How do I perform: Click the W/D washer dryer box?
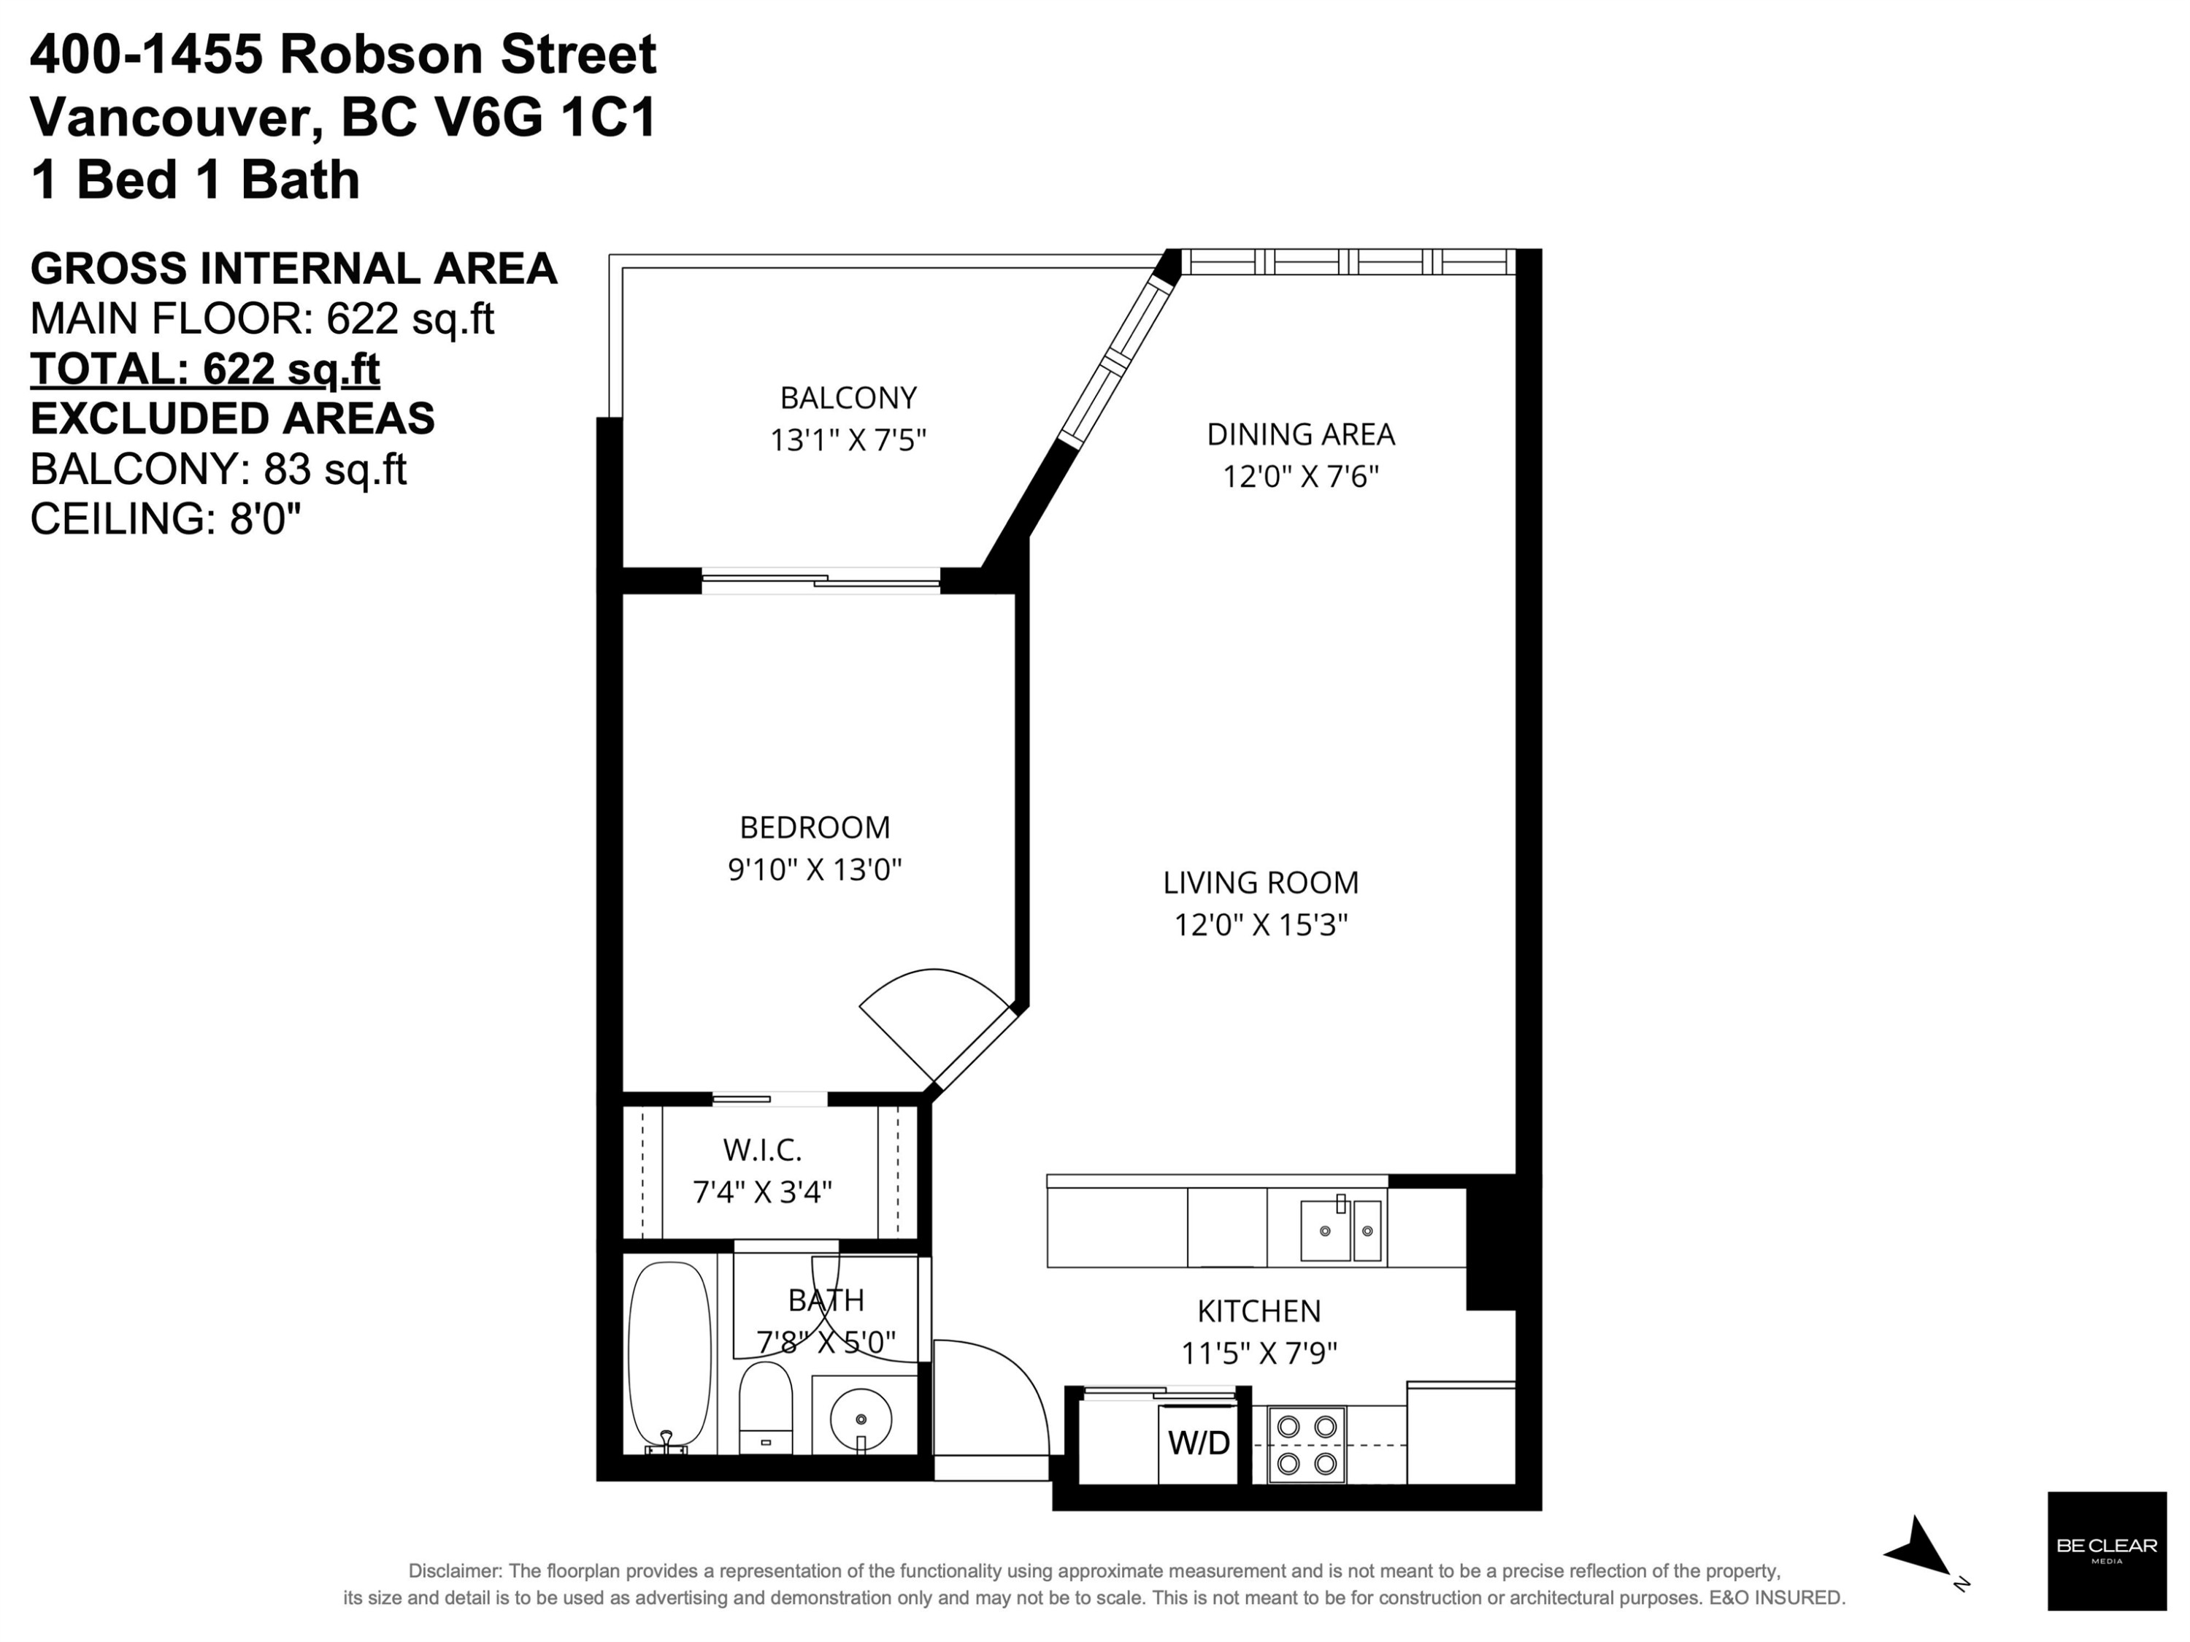pos(1198,1443)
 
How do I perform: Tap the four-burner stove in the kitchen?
pos(1307,1445)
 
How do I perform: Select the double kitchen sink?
pos(1340,1229)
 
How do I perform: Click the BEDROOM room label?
pos(815,827)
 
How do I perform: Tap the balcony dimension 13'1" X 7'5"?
pos(848,440)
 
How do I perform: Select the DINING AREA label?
pos(1301,434)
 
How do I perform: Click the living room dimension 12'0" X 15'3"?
pos(1261,925)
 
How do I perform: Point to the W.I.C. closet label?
pos(762,1150)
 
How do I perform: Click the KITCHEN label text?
pos(1259,1311)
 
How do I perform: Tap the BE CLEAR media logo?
pos(2107,1551)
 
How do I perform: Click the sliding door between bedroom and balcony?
pos(821,581)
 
